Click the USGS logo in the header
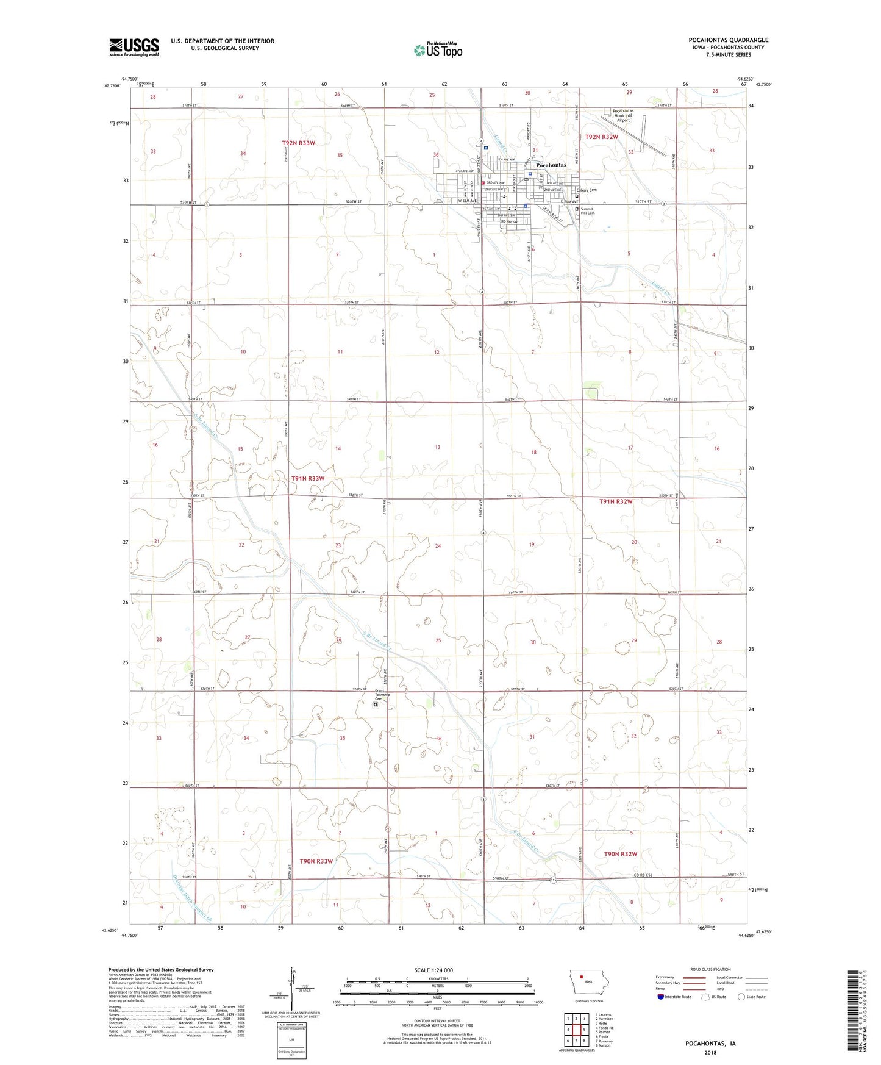pyautogui.click(x=134, y=47)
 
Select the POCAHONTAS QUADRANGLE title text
pyautogui.click(x=729, y=40)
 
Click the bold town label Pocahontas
pyautogui.click(x=551, y=165)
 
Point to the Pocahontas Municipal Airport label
pyautogui.click(x=622, y=115)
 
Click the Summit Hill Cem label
pyautogui.click(x=587, y=211)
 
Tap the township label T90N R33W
pyautogui.click(x=316, y=861)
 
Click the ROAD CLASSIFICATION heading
pyautogui.click(x=710, y=969)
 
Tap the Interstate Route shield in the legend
pyautogui.click(x=662, y=997)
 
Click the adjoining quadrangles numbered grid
pyautogui.click(x=576, y=1029)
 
